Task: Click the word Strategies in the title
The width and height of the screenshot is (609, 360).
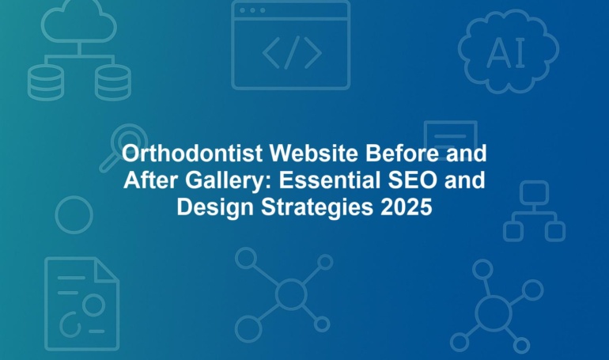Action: click(x=317, y=208)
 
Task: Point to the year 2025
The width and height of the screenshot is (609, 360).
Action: click(x=407, y=207)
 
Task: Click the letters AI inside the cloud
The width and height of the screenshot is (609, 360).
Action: click(x=505, y=53)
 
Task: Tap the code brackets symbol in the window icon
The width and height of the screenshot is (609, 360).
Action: click(x=292, y=53)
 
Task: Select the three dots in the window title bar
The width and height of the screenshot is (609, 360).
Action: click(x=252, y=10)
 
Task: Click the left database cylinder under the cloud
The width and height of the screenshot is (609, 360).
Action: click(x=46, y=82)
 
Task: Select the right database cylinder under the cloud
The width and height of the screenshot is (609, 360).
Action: click(x=112, y=82)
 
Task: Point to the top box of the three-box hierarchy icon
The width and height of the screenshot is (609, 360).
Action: click(x=534, y=192)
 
